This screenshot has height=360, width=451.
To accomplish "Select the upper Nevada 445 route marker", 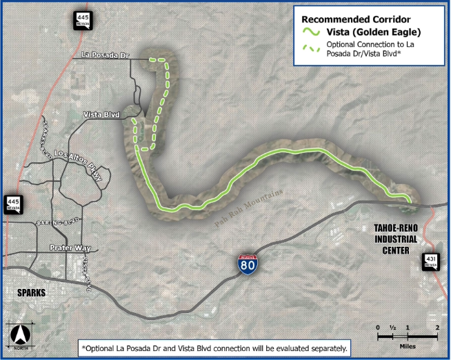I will pos(83,22).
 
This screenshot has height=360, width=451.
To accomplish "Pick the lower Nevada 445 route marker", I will pos(12,201).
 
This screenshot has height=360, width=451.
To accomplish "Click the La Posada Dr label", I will pos(105,54).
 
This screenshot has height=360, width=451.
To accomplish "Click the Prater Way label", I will pos(67,247).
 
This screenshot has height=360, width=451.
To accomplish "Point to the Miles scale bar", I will pos(408,336).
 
